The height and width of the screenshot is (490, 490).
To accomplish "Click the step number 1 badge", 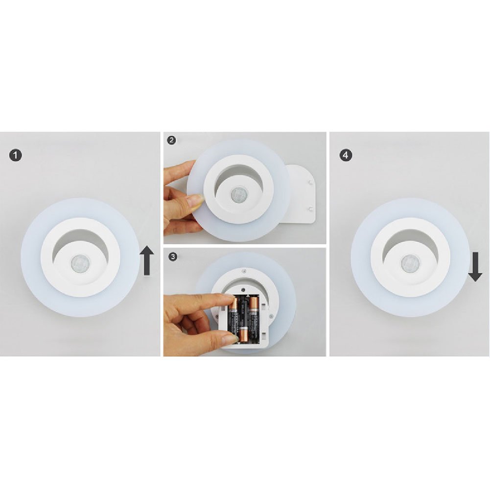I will coord(16,155).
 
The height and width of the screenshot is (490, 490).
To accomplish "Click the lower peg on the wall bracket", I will coord(310,209).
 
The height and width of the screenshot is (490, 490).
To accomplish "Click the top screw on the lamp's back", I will coord(244,270).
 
